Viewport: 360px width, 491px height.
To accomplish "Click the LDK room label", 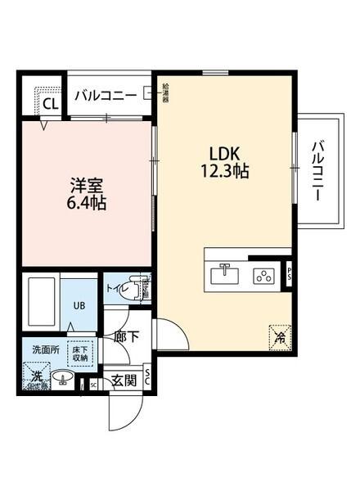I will [x=224, y=154].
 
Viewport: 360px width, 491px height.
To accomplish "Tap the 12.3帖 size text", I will [x=224, y=172].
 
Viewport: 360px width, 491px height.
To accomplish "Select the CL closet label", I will [x=49, y=104].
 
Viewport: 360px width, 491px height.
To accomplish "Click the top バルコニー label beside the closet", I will [x=106, y=95].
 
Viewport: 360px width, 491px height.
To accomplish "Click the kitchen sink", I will [x=224, y=275].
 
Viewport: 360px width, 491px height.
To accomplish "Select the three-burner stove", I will [x=264, y=276].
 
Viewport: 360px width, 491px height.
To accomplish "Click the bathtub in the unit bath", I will [x=40, y=301].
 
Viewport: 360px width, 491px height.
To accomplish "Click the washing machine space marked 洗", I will [x=37, y=377].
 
